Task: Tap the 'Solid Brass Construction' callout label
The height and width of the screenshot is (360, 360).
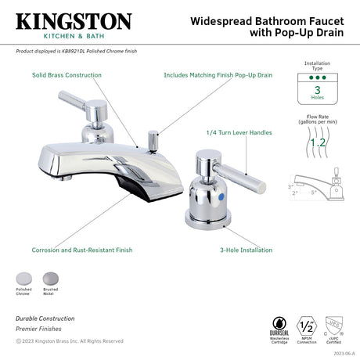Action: coord(67,75)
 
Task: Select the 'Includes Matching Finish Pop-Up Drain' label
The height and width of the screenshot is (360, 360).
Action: coord(218,75)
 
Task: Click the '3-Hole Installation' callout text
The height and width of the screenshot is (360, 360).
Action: coord(246,250)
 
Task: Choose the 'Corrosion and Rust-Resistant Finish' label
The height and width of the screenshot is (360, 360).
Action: coord(81,250)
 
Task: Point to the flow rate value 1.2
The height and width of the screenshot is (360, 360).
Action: coord(318,143)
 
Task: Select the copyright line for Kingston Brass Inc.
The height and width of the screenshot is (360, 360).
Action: coord(70,340)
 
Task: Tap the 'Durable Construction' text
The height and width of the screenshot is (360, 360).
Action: coord(45,319)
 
